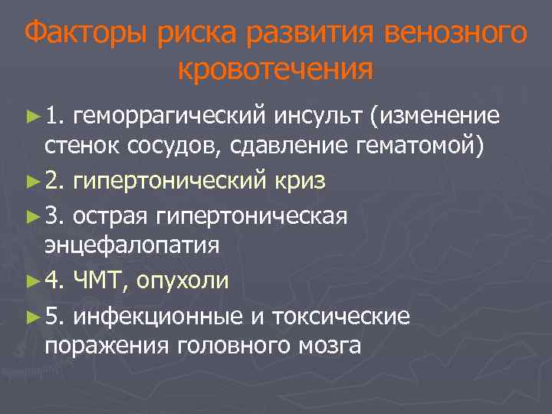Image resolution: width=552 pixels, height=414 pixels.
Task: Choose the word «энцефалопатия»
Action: tap(132, 246)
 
